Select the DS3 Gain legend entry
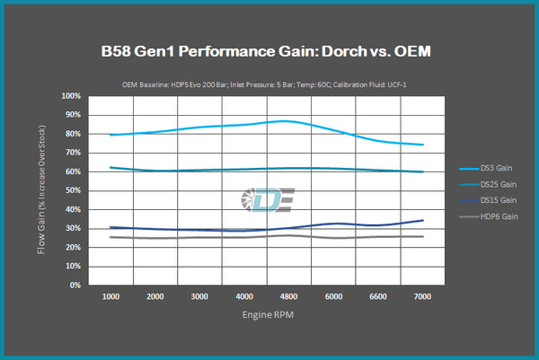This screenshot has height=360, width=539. click(x=495, y=168)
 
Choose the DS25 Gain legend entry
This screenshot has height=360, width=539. click(x=495, y=184)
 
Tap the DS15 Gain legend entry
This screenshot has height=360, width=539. click(x=495, y=200)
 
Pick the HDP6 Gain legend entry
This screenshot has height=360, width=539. click(x=495, y=216)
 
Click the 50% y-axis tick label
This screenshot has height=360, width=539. click(x=73, y=191)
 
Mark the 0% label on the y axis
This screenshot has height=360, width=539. click(x=75, y=285)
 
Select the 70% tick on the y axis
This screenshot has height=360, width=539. click(x=73, y=153)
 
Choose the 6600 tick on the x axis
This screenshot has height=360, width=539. click(x=379, y=296)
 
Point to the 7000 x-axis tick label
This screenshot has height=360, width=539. click(x=422, y=296)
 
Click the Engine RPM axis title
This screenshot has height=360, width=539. click(x=268, y=316)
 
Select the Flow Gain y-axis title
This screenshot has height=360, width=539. click(x=41, y=191)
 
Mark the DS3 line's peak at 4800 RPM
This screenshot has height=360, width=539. click(x=284, y=120)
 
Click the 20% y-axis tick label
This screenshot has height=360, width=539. click(x=73, y=248)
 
